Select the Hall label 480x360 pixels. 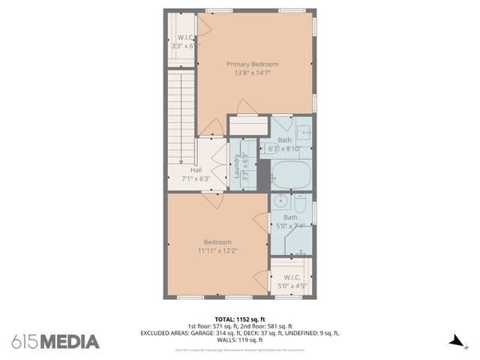(x=196, y=169)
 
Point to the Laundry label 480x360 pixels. (x=236, y=167)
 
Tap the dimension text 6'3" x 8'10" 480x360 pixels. (x=285, y=149)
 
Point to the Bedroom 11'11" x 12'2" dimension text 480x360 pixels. (x=217, y=251)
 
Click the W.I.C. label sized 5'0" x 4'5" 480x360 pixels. (x=292, y=277)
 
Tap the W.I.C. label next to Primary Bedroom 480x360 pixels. (x=184, y=37)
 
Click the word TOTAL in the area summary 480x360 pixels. (x=225, y=319)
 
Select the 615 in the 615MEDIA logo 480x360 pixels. (x=25, y=342)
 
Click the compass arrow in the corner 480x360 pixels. (x=454, y=342)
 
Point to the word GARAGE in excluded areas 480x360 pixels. (x=193, y=333)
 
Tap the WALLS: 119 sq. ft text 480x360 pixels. (x=240, y=340)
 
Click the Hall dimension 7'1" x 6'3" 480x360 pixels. (x=196, y=178)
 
